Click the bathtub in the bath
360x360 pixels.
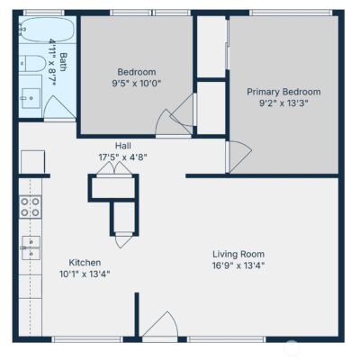[48, 30]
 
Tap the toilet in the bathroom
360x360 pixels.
[32, 63]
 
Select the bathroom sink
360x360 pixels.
[31, 98]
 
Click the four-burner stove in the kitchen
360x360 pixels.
[31, 207]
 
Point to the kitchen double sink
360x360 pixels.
[31, 247]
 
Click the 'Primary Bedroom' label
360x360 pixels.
[283, 92]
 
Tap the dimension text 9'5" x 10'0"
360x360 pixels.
[137, 83]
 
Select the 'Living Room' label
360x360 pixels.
[238, 254]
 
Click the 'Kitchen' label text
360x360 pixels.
[85, 263]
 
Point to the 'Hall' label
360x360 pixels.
[123, 146]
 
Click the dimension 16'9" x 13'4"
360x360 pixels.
[238, 265]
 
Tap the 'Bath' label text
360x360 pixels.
[63, 62]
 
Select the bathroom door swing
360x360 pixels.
[58, 107]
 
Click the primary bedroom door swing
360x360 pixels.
[239, 157]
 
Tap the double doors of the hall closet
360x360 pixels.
[114, 168]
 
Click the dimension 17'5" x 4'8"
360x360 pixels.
[123, 157]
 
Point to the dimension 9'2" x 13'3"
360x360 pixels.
[283, 103]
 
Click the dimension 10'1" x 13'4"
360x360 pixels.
[85, 274]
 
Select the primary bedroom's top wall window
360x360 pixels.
[291, 13]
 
